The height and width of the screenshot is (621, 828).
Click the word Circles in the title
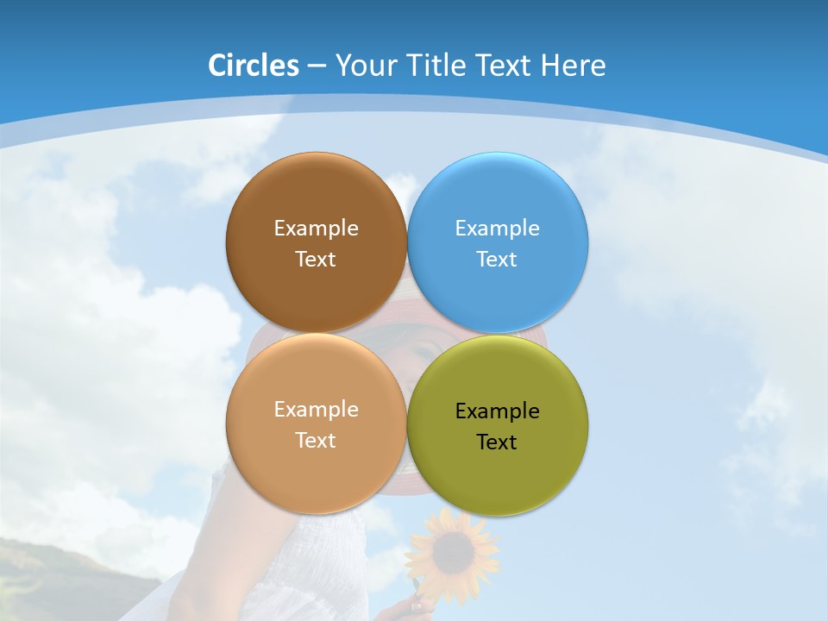[253, 66]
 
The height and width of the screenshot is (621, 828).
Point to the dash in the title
[317, 66]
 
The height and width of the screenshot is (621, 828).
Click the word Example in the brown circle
[316, 229]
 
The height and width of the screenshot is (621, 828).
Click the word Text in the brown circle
[316, 260]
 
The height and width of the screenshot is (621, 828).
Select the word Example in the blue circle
[498, 229]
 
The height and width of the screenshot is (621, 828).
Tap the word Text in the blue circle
[498, 260]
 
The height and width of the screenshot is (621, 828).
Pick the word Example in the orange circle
[316, 410]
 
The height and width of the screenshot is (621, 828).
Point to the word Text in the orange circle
[316, 441]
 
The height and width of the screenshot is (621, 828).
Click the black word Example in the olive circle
[498, 411]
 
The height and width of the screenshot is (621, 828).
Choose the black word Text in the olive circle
[498, 442]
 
